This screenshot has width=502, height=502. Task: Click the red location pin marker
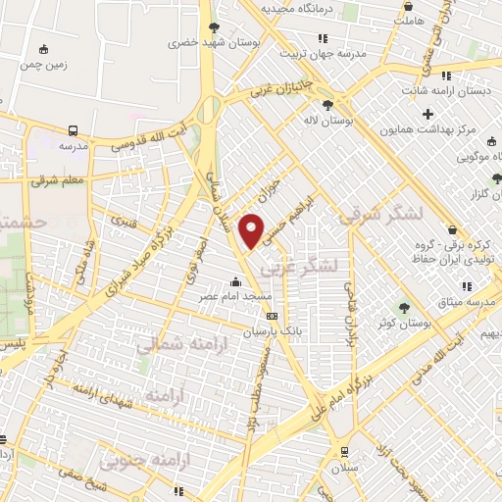252,229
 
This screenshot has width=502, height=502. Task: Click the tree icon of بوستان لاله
327,106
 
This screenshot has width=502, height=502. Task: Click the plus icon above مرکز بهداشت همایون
428,115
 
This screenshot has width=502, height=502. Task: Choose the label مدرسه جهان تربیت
321,54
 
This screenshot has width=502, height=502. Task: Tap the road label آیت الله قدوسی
141,138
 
